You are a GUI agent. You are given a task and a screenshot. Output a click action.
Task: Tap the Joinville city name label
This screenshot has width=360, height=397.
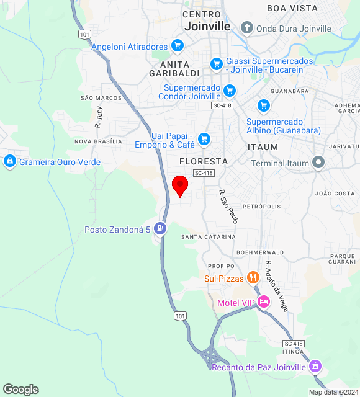(x=207, y=26)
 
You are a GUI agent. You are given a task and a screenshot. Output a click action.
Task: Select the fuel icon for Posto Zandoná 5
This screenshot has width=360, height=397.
(x=161, y=228)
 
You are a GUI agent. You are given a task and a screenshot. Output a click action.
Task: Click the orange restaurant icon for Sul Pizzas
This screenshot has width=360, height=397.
(x=253, y=277)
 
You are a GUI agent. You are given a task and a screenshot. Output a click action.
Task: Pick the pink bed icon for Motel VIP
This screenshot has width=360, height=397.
(x=264, y=302)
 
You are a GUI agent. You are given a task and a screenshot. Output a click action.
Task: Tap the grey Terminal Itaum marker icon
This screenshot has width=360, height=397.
(x=319, y=163)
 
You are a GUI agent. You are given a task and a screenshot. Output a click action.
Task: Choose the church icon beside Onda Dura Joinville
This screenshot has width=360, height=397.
(x=247, y=28)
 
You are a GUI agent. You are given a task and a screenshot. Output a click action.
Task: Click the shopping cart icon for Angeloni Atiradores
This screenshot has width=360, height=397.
(x=177, y=46)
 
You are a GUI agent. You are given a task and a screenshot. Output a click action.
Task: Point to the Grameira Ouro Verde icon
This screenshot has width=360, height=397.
(x=9, y=162)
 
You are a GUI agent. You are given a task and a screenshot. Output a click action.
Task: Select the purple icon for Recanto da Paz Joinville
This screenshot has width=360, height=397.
(x=315, y=366)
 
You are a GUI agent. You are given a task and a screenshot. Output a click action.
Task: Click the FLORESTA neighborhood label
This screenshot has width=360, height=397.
(x=203, y=161)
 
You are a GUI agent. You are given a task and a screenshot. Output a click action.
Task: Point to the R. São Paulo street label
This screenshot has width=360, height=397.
(x=228, y=207)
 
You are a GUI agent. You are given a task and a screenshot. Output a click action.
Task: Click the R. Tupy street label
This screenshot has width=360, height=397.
(x=98, y=117)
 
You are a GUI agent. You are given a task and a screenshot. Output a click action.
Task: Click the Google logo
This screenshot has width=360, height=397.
(x=20, y=390)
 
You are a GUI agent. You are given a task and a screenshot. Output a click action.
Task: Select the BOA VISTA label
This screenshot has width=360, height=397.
(x=292, y=8)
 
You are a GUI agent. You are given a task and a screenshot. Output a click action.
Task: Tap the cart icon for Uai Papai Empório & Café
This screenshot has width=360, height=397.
(x=204, y=139)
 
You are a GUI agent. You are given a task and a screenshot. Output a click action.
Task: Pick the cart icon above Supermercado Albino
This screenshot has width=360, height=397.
(x=264, y=105)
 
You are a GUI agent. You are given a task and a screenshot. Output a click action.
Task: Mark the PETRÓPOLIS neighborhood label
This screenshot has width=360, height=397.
(x=261, y=206)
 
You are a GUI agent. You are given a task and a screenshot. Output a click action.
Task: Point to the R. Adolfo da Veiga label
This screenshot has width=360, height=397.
(x=276, y=285)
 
